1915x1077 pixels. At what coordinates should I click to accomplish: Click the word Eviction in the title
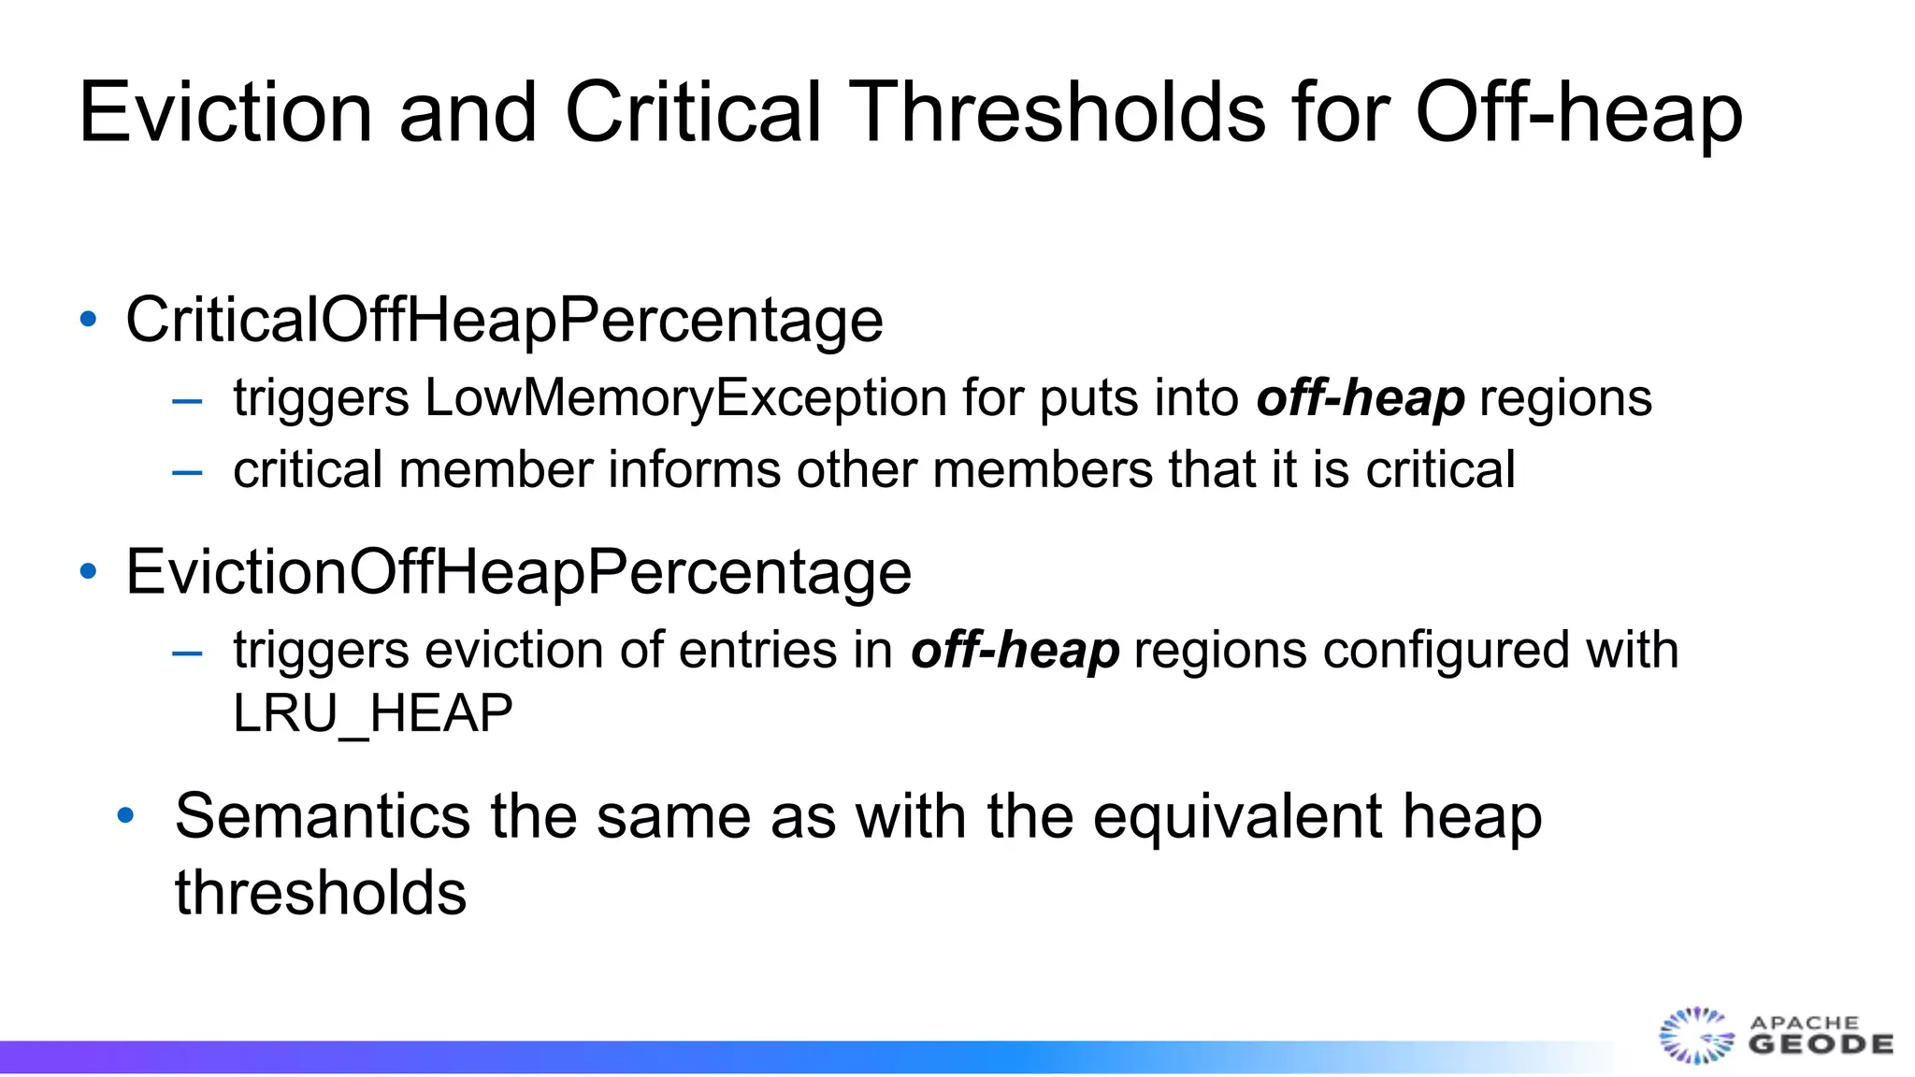coord(225,112)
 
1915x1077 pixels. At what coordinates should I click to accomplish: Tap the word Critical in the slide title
coord(693,112)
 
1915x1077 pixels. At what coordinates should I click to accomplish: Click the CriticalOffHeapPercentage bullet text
coord(504,321)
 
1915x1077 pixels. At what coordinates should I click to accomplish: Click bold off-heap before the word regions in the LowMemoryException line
coord(1361,400)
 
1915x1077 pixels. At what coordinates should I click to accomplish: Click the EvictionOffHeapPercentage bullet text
coord(518,572)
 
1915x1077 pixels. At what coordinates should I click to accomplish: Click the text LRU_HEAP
coord(373,714)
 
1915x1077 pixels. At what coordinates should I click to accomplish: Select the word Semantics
coord(322,816)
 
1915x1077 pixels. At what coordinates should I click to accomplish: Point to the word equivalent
coord(1239,818)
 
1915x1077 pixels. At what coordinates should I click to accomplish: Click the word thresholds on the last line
coord(321,893)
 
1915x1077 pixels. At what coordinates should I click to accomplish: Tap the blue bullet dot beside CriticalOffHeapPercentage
coord(89,320)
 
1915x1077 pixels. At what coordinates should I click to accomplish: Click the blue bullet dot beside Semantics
coord(126,816)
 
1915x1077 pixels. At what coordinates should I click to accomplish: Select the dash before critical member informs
coord(188,471)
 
